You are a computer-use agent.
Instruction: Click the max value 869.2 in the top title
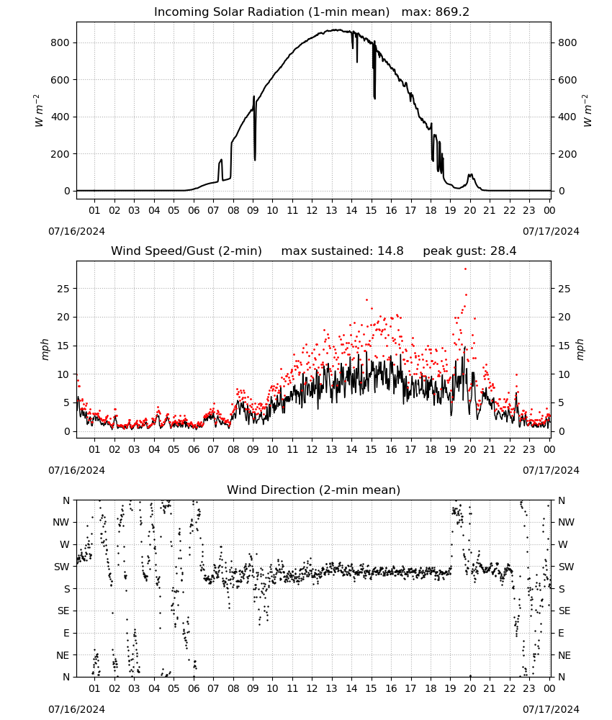(452, 12)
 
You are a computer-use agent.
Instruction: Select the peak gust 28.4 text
(469, 251)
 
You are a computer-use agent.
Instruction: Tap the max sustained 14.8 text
(342, 251)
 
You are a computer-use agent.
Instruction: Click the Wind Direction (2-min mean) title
(314, 490)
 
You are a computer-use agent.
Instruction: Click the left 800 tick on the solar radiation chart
(60, 42)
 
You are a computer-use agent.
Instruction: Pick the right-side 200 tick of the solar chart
(567, 154)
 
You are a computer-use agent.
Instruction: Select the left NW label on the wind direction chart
(61, 523)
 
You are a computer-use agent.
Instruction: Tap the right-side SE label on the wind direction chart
(564, 611)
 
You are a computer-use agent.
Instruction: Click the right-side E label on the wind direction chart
(561, 633)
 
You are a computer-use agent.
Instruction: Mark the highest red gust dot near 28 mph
(465, 269)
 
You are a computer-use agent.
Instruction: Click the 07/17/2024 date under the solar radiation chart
(551, 231)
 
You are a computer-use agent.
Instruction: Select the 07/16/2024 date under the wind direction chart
(76, 709)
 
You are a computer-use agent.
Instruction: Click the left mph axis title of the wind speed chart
(45, 349)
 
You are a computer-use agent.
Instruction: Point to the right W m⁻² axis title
(588, 111)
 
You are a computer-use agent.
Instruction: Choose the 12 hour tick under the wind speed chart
(312, 449)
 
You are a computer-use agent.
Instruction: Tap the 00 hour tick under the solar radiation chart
(549, 210)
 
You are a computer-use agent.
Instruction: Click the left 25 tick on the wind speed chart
(64, 289)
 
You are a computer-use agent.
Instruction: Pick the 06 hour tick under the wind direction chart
(194, 689)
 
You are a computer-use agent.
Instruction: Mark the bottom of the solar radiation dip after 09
(255, 161)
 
